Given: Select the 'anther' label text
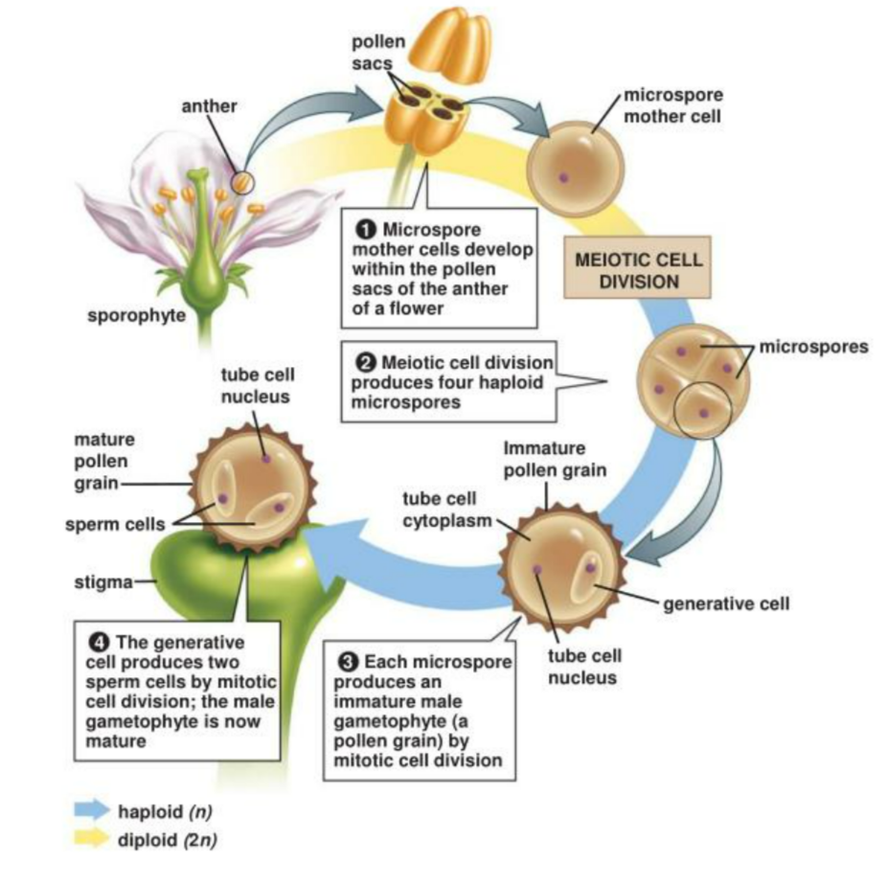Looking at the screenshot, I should [208, 105].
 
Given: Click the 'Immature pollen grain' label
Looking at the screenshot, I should [547, 459].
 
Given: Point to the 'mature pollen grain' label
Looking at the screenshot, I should [100, 461].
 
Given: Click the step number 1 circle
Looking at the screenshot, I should [364, 229].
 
